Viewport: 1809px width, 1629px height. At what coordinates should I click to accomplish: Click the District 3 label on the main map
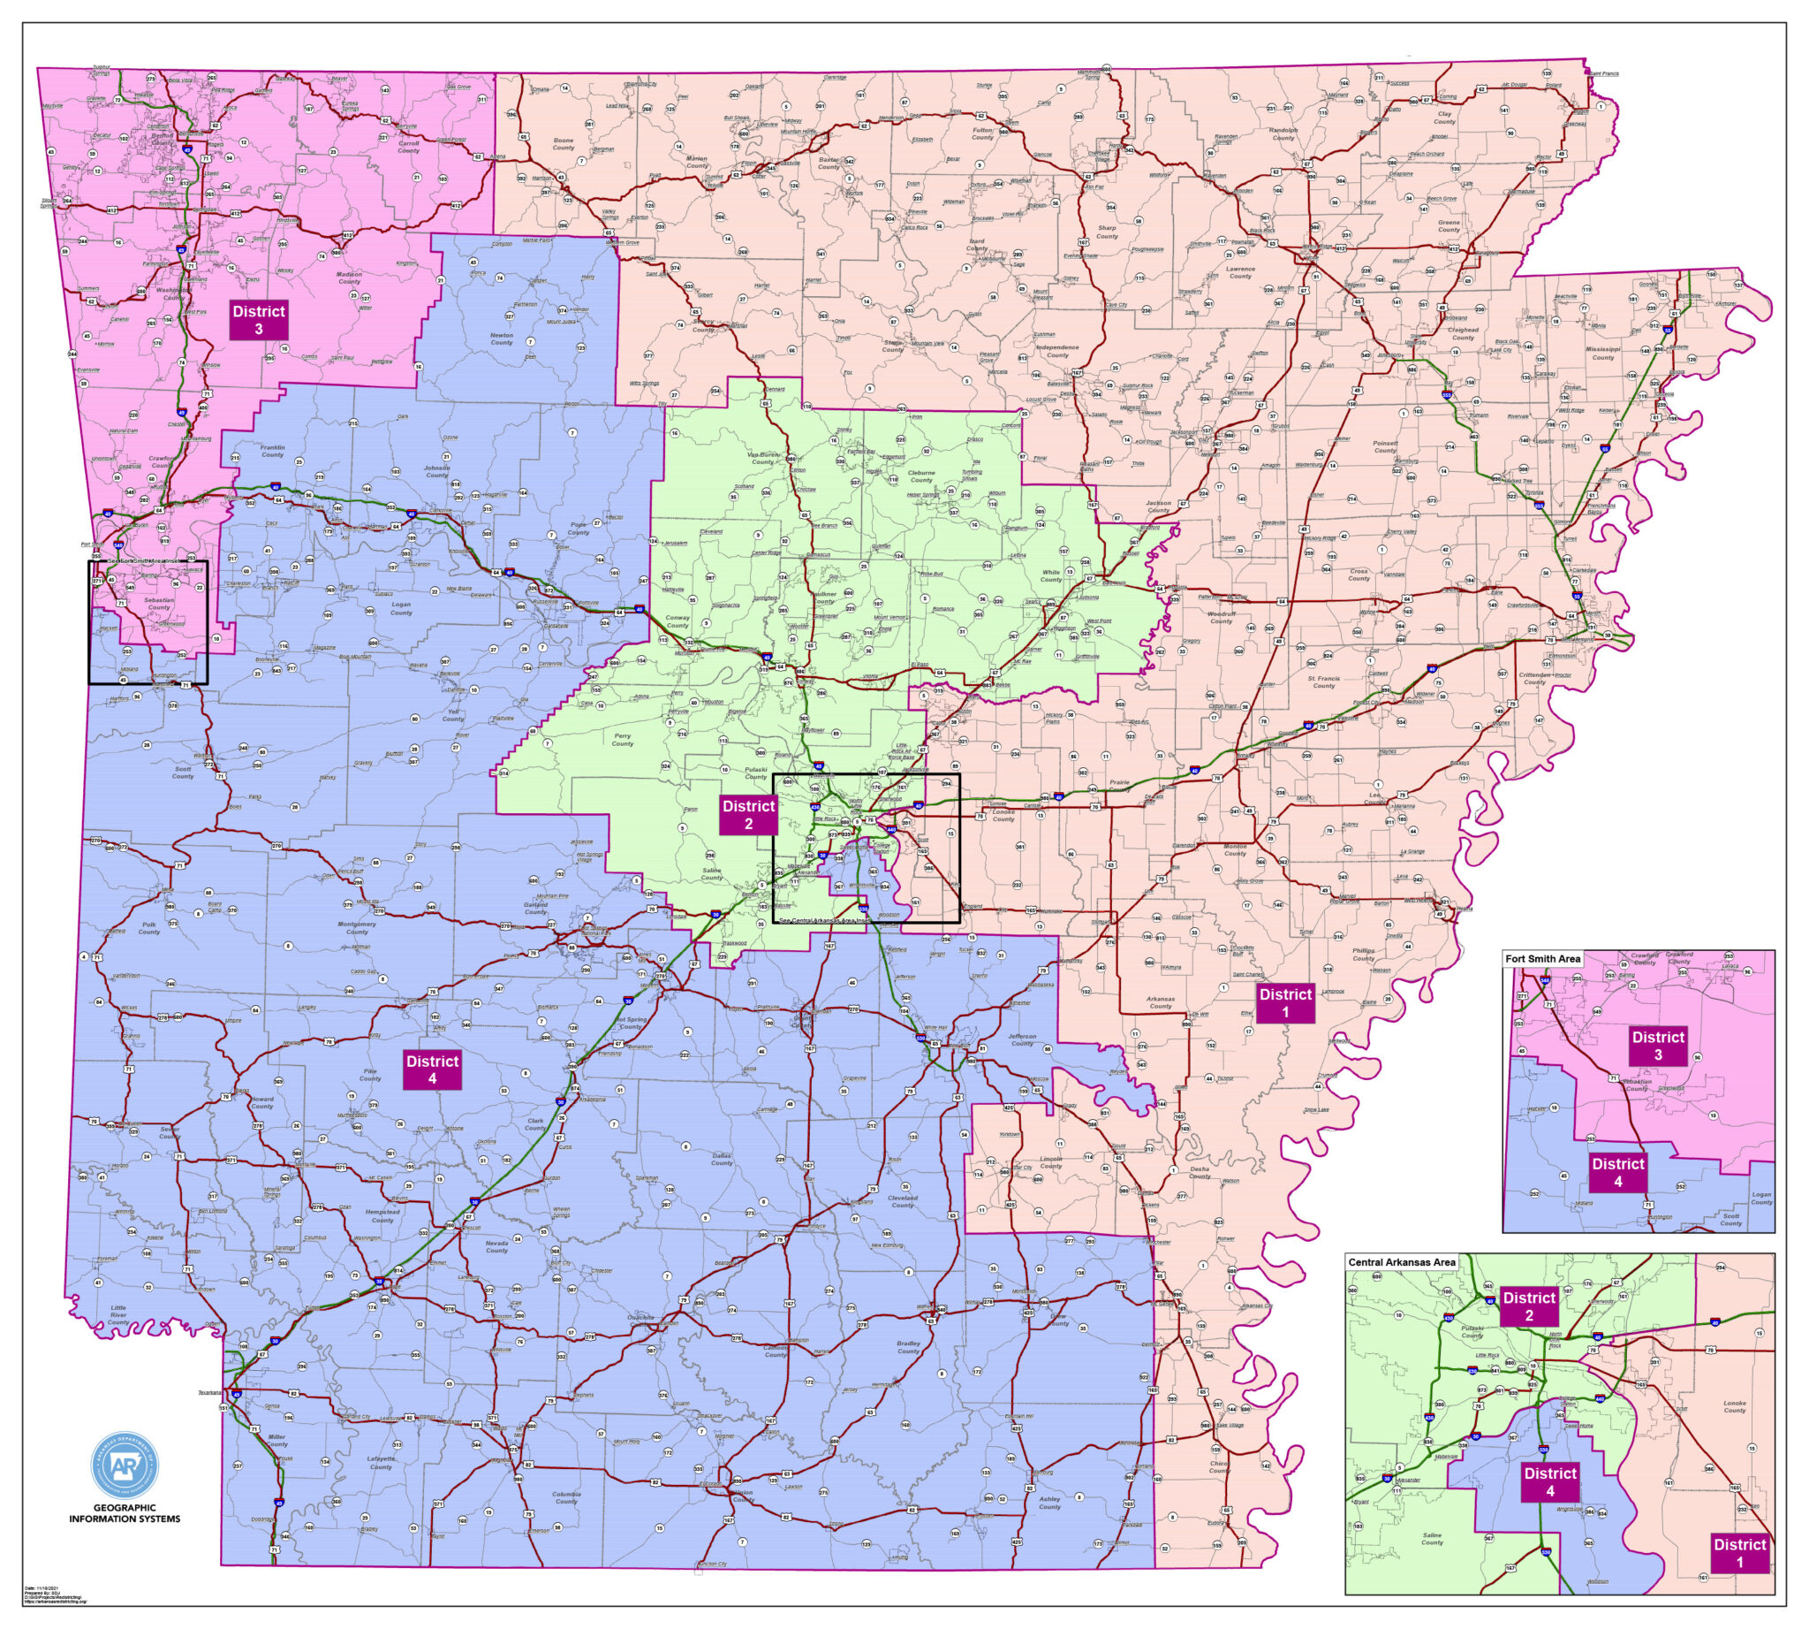pyautogui.click(x=259, y=320)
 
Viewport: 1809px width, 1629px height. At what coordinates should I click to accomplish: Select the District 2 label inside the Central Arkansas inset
pyautogui.click(x=1529, y=1305)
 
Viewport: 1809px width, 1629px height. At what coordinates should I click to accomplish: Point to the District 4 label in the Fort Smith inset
pyautogui.click(x=1617, y=1173)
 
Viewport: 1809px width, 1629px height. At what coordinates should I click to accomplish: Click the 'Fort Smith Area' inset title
pyautogui.click(x=1542, y=959)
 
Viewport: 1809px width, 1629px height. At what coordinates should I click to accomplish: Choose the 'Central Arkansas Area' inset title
pyautogui.click(x=1401, y=1262)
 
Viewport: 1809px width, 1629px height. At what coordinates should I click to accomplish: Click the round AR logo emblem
pyautogui.click(x=125, y=1465)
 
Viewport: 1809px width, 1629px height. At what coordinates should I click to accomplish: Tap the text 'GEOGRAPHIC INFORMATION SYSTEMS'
pyautogui.click(x=125, y=1513)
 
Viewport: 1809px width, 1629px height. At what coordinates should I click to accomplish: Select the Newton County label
pyautogui.click(x=501, y=339)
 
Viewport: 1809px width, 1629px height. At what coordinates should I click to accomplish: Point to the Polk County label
pyautogui.click(x=148, y=927)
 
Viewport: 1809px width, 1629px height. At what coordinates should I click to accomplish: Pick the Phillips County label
pyautogui.click(x=1364, y=954)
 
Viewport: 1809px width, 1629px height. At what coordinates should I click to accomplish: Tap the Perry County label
pyautogui.click(x=622, y=739)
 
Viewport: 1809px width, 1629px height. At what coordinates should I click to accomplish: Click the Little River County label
pyautogui.click(x=118, y=1314)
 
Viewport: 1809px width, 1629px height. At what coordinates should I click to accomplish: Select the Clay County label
pyautogui.click(x=1445, y=118)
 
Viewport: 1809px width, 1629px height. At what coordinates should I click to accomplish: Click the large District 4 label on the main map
pyautogui.click(x=432, y=1070)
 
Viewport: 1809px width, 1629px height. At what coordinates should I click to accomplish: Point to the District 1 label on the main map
pyautogui.click(x=1285, y=1002)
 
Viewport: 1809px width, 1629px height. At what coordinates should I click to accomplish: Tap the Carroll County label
pyautogui.click(x=409, y=146)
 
